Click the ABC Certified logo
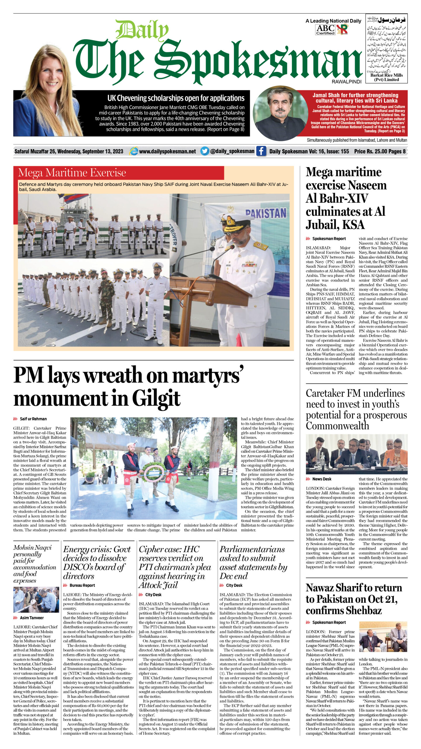325,30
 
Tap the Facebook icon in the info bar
261,151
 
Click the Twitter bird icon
205,151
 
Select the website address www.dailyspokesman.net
167,152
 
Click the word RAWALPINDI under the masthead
346,82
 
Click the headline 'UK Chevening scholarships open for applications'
176,98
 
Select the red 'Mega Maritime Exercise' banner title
72,173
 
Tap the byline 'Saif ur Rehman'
33,419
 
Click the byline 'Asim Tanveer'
32,618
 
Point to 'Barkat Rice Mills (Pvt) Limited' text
387,77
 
